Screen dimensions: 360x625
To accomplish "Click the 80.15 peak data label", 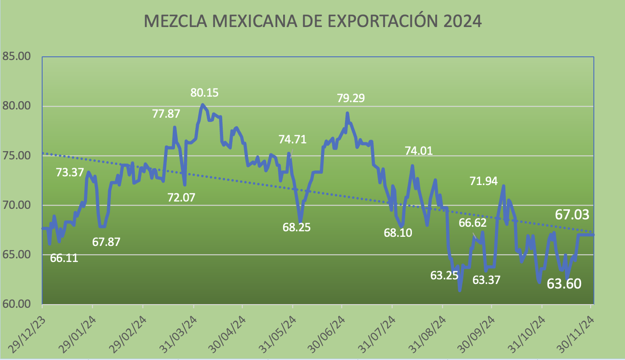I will pos(204,93).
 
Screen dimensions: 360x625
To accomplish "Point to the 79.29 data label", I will pos(351,98).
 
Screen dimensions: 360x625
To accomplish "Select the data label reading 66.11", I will pos(64,258).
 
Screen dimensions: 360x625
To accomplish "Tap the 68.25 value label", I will pos(296,227).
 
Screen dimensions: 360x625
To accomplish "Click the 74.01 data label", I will pos(419,151).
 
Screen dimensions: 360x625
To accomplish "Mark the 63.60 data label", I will pos(564,284).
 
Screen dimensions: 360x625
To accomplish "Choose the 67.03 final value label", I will pos(572,214).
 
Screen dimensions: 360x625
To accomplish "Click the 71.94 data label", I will pos(484,181).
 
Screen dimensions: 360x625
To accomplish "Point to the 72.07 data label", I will pos(181,198).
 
